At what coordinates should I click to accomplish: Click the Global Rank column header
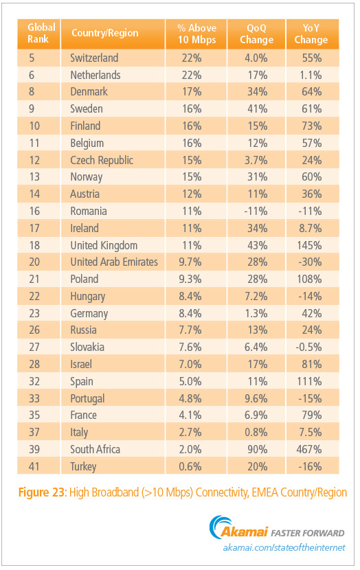(41, 33)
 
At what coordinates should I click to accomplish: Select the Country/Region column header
(104, 33)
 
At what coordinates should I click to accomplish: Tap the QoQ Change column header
(256, 34)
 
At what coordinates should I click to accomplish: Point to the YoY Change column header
(311, 34)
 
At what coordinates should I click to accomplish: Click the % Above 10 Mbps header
(196, 34)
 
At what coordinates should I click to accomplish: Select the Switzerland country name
(94, 58)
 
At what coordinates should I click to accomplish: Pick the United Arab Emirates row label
(114, 262)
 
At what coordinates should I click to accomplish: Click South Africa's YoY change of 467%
(308, 449)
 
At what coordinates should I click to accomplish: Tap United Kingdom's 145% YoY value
(309, 245)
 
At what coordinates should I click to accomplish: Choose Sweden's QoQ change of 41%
(257, 109)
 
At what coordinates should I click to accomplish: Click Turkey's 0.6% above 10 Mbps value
(190, 466)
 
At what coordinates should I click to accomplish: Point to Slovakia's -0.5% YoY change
(308, 347)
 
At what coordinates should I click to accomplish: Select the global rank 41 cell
(34, 466)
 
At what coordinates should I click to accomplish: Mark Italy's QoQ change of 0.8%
(256, 432)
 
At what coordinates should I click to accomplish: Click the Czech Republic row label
(102, 160)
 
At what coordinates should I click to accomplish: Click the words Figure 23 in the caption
(41, 492)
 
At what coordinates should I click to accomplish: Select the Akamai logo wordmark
(245, 532)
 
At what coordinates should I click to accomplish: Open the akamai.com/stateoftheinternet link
(284, 547)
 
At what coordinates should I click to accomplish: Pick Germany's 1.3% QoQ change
(256, 313)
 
